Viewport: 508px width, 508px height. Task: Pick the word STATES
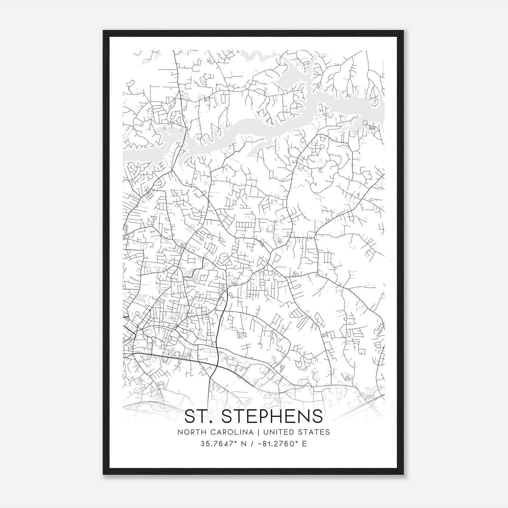coord(315,432)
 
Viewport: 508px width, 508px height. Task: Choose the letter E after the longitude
coord(304,444)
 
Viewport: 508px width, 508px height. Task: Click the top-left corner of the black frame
coord(104,31)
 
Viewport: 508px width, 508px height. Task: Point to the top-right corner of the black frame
coord(403,31)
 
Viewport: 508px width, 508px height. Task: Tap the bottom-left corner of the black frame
coord(104,474)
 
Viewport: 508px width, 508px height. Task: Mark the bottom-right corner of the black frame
coord(403,474)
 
